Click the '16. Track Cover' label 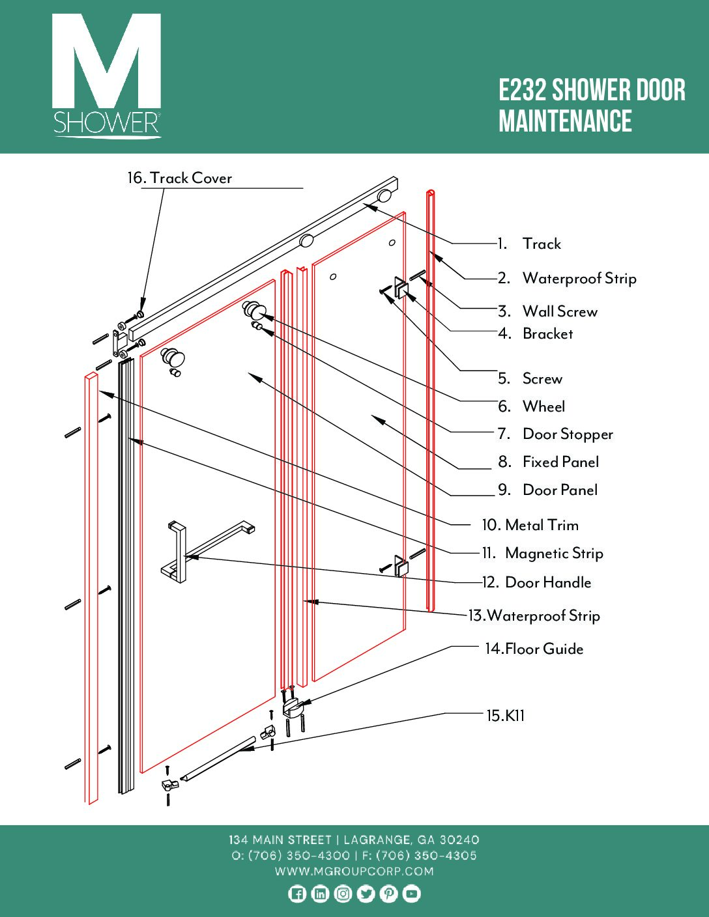tap(180, 178)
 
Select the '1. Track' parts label tap(529, 244)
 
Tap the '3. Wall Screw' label tap(547, 311)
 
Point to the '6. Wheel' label tap(532, 406)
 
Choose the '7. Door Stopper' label tap(555, 434)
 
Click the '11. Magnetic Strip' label tap(542, 554)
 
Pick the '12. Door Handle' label tap(536, 582)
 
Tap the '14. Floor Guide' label tap(534, 649)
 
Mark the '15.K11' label tap(506, 716)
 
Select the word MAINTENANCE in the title tap(565, 122)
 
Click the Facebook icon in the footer tap(297, 894)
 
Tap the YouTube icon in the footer tap(411, 894)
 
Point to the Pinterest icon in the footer tap(388, 894)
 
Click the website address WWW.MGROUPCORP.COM tap(354, 871)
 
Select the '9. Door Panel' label tap(547, 490)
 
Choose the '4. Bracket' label tap(536, 334)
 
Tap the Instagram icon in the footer tap(343, 894)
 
